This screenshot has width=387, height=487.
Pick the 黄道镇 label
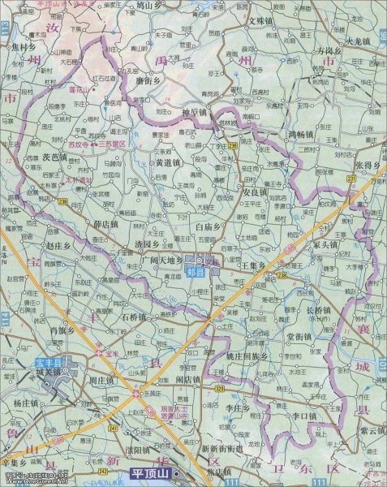170,162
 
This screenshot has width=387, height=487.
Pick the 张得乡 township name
367,166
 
